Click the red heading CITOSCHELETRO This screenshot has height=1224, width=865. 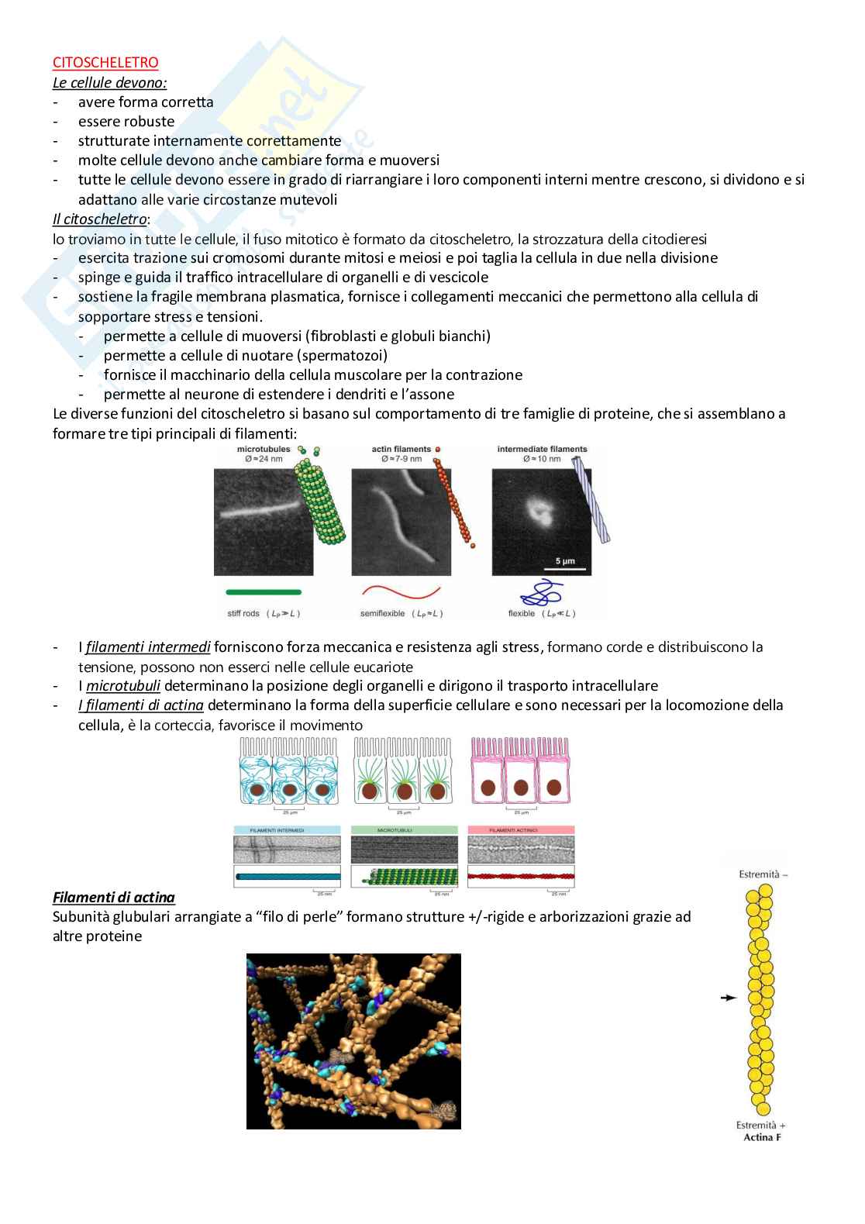pos(105,63)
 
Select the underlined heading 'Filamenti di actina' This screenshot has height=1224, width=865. pos(114,898)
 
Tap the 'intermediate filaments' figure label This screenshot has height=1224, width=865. pos(542,449)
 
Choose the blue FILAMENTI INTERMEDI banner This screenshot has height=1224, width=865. pos(287,830)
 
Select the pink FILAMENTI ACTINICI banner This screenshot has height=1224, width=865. pos(521,830)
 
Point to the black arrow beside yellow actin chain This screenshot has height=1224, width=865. pos(727,998)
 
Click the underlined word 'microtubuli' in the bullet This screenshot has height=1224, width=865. pos(123,686)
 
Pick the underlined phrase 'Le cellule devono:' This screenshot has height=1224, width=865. pos(110,82)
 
